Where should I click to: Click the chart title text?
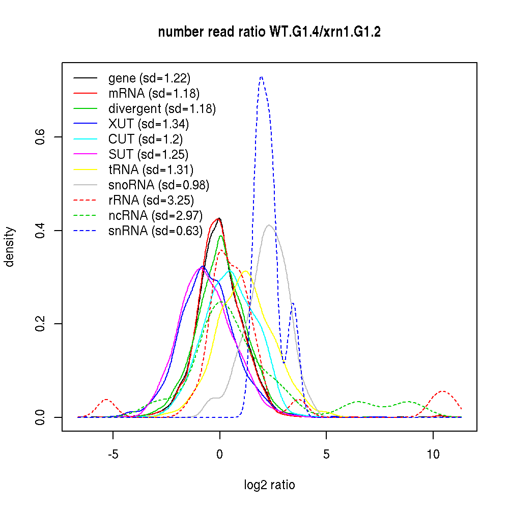269,32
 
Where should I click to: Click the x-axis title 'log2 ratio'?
269,485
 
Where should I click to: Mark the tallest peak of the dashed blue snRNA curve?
261,77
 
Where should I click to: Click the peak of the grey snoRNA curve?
269,224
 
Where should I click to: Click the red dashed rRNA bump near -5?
106,399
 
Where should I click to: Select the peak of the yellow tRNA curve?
245,271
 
